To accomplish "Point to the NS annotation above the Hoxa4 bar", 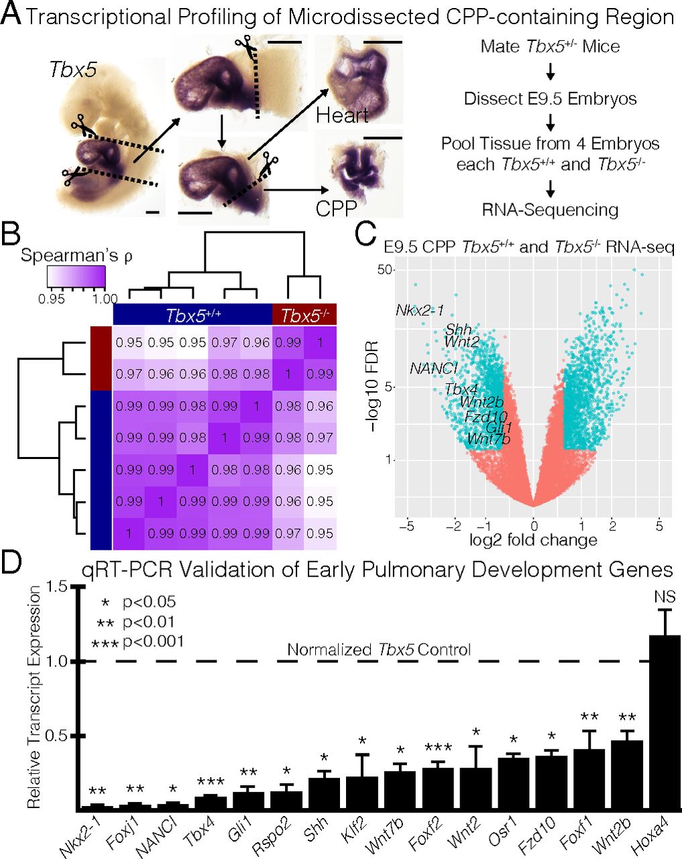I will coord(665,597).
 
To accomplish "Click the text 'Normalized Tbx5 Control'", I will coord(379,650).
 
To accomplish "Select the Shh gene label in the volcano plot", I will coord(458,330).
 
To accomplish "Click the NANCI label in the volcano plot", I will coord(434,368).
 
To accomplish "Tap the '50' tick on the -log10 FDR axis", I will coord(384,269).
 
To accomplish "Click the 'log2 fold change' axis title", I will coord(534,540).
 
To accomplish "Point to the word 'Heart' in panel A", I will coord(343,115).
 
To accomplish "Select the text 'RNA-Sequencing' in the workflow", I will coord(550,210).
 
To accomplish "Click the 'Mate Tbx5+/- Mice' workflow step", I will coord(550,47).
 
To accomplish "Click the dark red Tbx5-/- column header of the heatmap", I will coord(304,315).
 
